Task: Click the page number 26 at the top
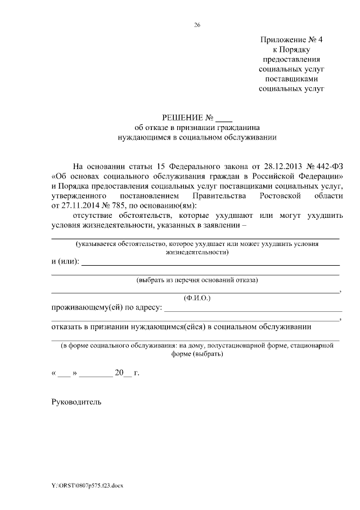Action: pyautogui.click(x=197, y=25)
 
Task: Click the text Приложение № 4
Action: pyautogui.click(x=292, y=40)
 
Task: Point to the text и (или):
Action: pyautogui.click(x=65, y=262)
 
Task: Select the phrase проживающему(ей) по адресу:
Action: pyautogui.click(x=106, y=308)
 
